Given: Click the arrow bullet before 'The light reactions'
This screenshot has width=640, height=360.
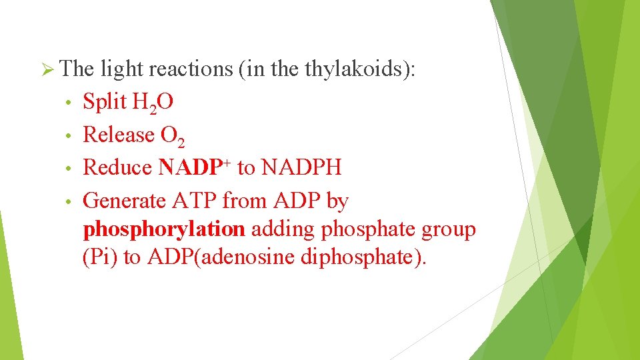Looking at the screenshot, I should [x=47, y=69].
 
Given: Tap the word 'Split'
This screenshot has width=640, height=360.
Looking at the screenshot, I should [x=105, y=101].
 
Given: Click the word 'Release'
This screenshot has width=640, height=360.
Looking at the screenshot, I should [x=119, y=135].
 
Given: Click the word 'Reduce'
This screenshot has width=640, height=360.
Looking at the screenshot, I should [x=117, y=167].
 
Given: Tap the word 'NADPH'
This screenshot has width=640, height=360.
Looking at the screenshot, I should [x=301, y=167].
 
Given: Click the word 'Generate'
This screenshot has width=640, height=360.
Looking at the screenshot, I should [x=125, y=200].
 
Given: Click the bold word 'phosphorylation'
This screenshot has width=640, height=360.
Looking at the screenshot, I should [x=164, y=229].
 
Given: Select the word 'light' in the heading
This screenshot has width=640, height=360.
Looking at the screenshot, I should [x=122, y=69].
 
